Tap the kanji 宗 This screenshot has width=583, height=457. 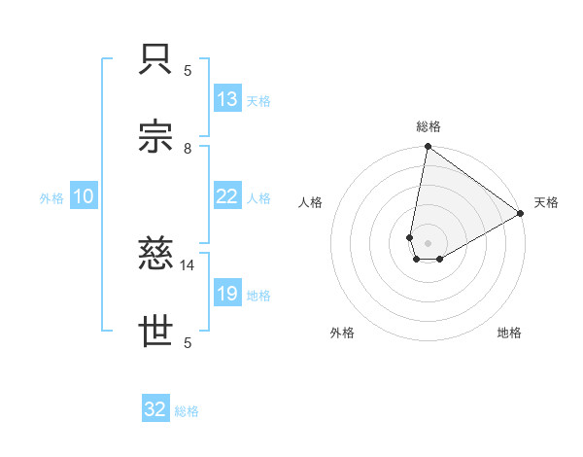[x=157, y=138]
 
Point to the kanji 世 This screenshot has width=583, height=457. [x=157, y=332]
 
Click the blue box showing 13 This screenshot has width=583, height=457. [x=227, y=99]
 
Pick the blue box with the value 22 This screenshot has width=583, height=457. [x=227, y=196]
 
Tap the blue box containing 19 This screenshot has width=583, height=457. [x=227, y=294]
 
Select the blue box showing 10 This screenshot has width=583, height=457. [x=84, y=196]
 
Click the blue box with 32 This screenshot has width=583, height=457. [x=155, y=409]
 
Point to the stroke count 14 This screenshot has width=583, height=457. [x=188, y=264]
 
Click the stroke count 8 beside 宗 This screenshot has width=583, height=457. [x=188, y=148]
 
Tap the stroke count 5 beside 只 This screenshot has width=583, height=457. [x=188, y=70]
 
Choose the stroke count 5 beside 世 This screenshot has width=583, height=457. [x=188, y=341]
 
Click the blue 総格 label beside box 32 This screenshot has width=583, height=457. [x=187, y=411]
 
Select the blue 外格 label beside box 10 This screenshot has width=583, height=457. [x=51, y=197]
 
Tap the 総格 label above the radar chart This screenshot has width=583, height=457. [x=429, y=126]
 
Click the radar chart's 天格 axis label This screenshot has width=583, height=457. [x=546, y=202]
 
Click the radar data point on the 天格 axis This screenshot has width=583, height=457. [x=521, y=214]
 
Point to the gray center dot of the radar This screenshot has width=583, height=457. [x=429, y=243]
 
